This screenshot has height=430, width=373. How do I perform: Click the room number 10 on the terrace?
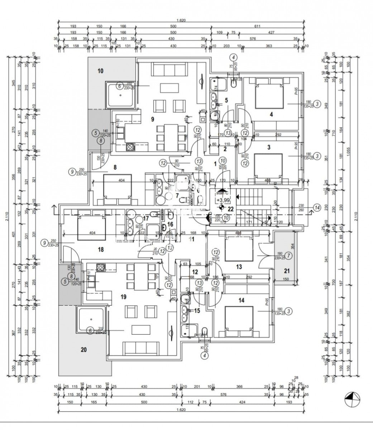pyautogui.click(x=100, y=71)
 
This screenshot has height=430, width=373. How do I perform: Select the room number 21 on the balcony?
pyautogui.click(x=287, y=271)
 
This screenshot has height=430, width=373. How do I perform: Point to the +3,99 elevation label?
pyautogui.click(x=223, y=200)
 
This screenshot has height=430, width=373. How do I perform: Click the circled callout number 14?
pyautogui.click(x=316, y=207)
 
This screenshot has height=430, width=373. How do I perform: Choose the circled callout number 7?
pyautogui.click(x=289, y=255)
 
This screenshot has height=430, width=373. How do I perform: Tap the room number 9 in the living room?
pyautogui.click(x=153, y=119)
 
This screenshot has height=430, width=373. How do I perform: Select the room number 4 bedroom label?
pyautogui.click(x=271, y=115)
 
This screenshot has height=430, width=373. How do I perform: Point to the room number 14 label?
pyautogui.click(x=241, y=300)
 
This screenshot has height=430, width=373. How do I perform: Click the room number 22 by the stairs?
pyautogui.click(x=230, y=209)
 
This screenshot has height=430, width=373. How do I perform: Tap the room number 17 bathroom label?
pyautogui.click(x=146, y=218)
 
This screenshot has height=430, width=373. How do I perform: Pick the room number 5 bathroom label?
pyautogui.click(x=226, y=101)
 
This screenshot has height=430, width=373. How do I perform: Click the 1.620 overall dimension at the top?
pyautogui.click(x=181, y=21)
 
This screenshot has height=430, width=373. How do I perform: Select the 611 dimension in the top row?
pyautogui.click(x=257, y=26)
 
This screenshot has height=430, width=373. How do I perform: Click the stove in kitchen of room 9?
pyautogui.click(x=129, y=146)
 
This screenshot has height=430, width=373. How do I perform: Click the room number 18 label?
pyautogui.click(x=101, y=249)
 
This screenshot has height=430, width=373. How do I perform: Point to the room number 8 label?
pyautogui.click(x=115, y=167)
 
